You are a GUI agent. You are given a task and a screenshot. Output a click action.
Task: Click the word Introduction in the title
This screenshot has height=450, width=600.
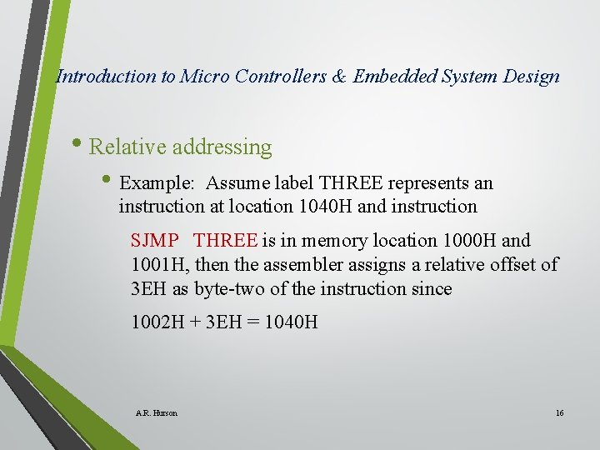click(x=106, y=77)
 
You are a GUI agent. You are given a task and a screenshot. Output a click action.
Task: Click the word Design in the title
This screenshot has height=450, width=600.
click(x=532, y=77)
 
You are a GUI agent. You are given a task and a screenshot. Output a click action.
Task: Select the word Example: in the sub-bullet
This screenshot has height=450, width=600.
click(x=157, y=183)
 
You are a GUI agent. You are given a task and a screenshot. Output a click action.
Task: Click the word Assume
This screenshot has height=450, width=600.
click(x=236, y=183)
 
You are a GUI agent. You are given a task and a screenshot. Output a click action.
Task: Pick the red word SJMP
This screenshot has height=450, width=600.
click(x=154, y=241)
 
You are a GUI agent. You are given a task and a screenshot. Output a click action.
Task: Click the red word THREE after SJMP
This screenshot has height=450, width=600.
click(x=225, y=241)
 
